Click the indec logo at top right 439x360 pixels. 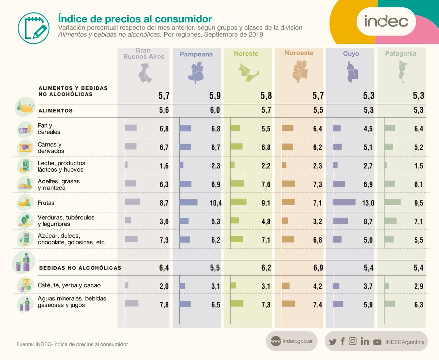click(386, 21)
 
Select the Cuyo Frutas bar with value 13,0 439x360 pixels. click(344, 202)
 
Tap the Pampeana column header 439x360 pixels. click(196, 54)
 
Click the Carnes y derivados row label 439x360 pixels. click(51, 147)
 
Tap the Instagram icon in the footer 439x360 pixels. click(353, 341)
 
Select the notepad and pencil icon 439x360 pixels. click(34, 28)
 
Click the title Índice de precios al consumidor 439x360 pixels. click(135, 18)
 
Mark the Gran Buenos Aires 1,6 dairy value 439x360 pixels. click(164, 166)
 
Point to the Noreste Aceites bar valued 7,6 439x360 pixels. click(237, 183)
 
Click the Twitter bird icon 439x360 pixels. click(333, 342)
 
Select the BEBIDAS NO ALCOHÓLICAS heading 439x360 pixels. click(80, 268)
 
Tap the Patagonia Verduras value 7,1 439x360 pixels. click(418, 221)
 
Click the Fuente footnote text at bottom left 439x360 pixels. click(72, 344)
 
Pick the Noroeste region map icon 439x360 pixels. click(300, 72)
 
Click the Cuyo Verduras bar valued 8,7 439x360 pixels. click(341, 221)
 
